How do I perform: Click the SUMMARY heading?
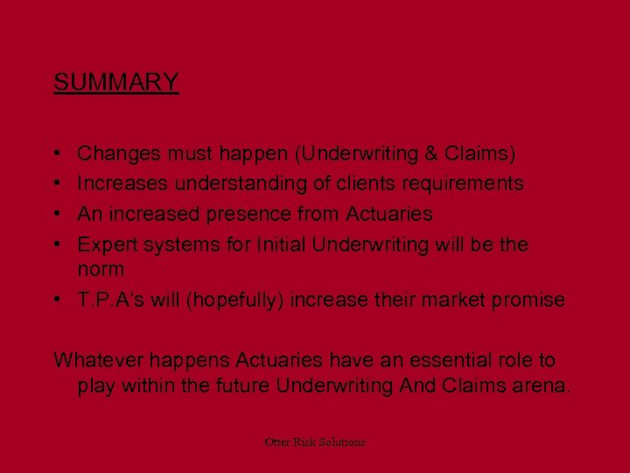(115, 82)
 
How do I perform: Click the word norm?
(101, 269)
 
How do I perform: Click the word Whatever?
(94, 360)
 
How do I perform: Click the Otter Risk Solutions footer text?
(315, 442)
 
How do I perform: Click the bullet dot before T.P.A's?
(58, 300)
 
